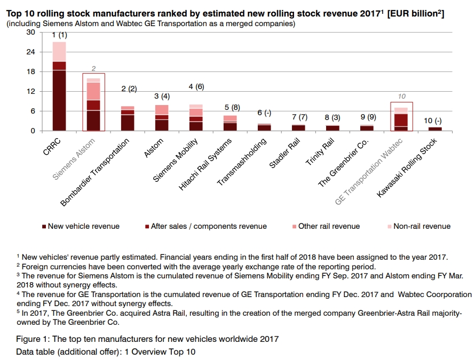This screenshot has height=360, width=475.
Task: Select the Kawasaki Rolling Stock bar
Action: click(436, 129)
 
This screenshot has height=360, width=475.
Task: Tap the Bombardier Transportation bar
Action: click(128, 118)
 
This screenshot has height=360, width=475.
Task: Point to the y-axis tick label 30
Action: click(30, 33)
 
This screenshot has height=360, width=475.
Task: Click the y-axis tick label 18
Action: click(30, 72)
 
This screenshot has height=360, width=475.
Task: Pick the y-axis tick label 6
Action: click(33, 111)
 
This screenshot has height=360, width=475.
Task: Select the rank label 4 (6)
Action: click(196, 86)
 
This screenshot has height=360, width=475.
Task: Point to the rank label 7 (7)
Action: click(299, 117)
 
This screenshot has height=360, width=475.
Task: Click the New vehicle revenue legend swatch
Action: click(44, 227)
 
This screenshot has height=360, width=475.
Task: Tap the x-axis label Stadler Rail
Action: click(287, 154)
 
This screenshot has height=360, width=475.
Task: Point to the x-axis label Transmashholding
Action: click(239, 162)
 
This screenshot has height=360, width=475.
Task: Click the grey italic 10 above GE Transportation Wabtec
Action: click(402, 97)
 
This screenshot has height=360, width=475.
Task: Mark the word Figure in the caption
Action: click(28, 339)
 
